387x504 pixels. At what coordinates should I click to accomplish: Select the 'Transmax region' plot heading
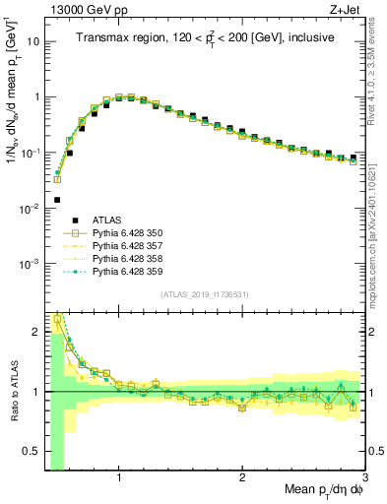click(x=204, y=38)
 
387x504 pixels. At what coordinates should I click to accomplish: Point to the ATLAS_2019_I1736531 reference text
click(x=204, y=294)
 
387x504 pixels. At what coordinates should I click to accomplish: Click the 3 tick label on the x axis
click(x=364, y=477)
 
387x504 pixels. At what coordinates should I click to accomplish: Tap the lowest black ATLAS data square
click(x=57, y=200)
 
